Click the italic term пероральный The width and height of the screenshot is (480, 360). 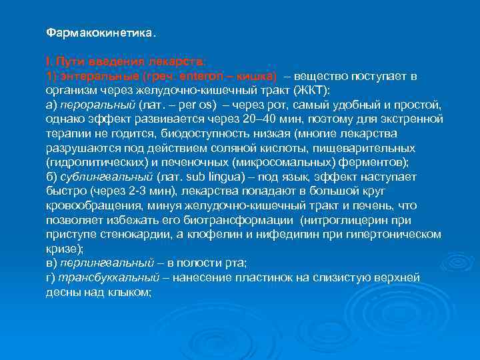pyautogui.click(x=97, y=105)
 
